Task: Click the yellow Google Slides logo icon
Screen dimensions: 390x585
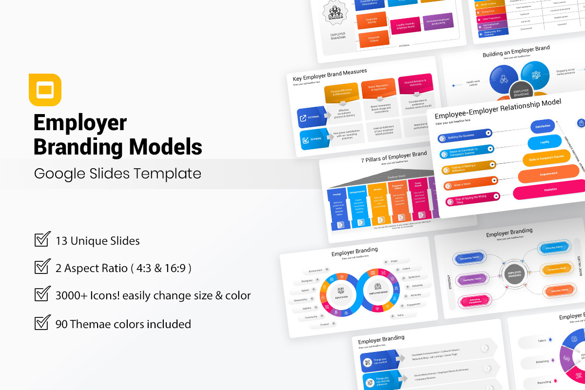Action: point(45,90)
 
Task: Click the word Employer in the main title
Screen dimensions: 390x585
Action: point(80,123)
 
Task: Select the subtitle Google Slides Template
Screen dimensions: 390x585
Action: point(117,174)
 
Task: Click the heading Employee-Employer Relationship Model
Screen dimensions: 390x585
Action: point(498,109)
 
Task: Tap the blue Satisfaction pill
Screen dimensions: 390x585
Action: point(543,126)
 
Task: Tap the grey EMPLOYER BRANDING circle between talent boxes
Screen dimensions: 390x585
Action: point(515,274)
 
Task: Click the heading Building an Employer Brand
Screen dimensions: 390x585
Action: point(516,52)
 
